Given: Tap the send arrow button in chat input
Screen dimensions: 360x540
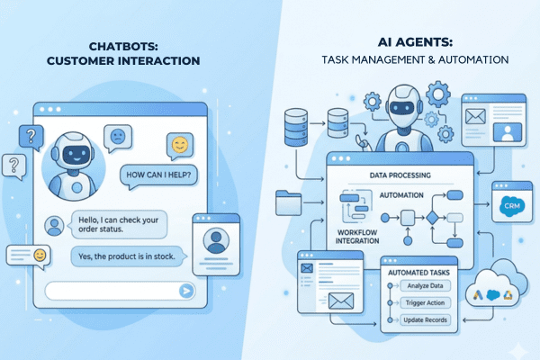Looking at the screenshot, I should click(x=186, y=291).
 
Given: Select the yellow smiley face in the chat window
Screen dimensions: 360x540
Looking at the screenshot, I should click(x=181, y=144).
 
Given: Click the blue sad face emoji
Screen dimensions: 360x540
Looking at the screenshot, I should click(x=117, y=138).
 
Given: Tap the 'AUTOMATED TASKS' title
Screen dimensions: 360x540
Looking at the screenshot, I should click(x=415, y=271).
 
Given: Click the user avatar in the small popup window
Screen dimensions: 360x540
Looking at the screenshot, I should click(x=215, y=240).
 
